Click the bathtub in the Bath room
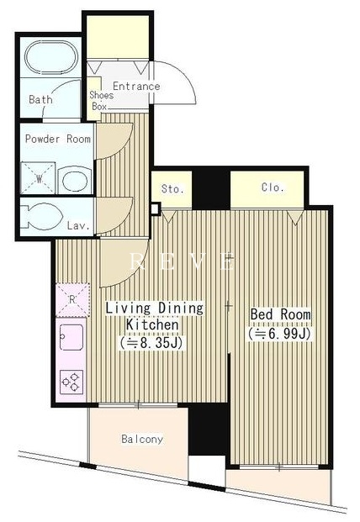click(51, 57)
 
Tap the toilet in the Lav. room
click(41, 216)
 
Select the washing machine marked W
click(38, 178)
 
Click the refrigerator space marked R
click(72, 300)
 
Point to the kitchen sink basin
click(71, 337)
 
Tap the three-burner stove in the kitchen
click(71, 382)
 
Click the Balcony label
click(142, 439)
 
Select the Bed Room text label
click(280, 314)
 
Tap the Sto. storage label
click(172, 189)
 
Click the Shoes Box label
click(100, 101)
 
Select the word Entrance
click(136, 87)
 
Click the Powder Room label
click(58, 139)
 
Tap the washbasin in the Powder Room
click(75, 180)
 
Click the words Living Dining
click(154, 308)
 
